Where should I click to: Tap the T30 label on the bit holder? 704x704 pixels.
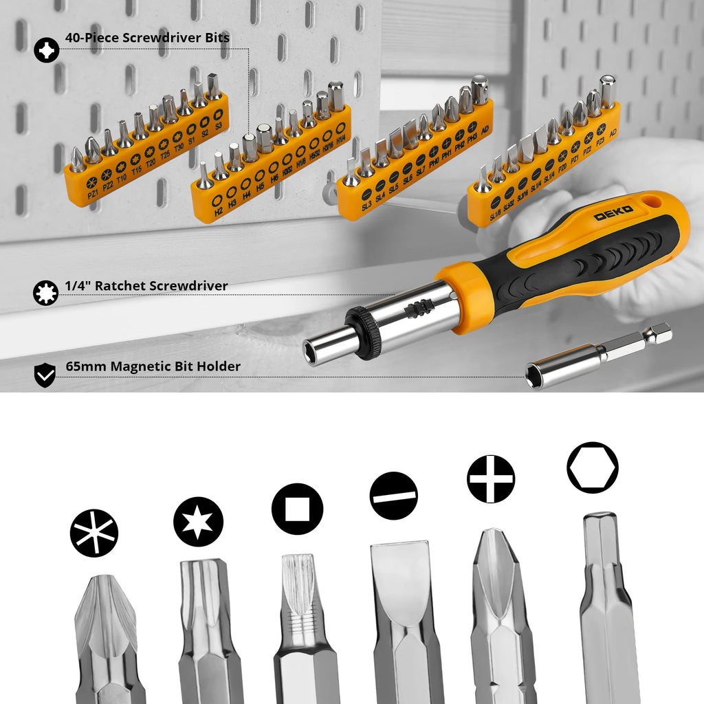click(179, 146)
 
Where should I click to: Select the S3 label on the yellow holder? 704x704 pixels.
click(218, 126)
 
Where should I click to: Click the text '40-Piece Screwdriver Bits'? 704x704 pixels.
click(147, 38)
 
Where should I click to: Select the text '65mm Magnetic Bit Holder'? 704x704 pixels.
click(153, 366)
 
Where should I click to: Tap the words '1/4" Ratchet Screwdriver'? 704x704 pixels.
click(146, 286)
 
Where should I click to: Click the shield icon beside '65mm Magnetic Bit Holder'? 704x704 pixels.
click(45, 375)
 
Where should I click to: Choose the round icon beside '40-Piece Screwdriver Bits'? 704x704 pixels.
click(46, 50)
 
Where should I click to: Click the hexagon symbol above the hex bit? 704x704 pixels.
click(592, 467)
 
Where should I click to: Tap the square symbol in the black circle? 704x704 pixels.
click(297, 509)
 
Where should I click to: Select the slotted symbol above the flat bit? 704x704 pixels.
click(393, 496)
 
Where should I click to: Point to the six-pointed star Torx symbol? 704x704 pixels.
click(198, 522)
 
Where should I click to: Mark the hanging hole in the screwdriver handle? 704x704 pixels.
click(654, 203)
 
